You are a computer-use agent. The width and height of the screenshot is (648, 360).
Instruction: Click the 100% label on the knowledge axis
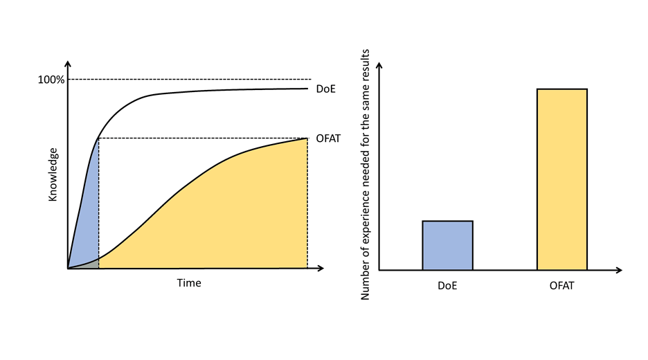pos(51,80)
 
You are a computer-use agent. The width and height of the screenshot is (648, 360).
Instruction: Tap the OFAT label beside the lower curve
pos(328,138)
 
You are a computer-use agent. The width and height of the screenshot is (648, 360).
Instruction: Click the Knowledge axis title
pos(53,174)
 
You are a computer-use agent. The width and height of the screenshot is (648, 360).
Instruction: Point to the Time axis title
pos(188,283)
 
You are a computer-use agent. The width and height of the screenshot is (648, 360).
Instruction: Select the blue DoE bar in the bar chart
pos(447,245)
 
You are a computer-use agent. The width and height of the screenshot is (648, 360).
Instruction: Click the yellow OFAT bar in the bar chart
pos(561,179)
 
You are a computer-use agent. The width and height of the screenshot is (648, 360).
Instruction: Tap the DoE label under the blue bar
pos(447,285)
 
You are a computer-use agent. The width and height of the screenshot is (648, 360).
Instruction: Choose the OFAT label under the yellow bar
pos(561,285)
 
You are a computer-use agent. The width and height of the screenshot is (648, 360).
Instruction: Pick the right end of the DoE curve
pos(307,88)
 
